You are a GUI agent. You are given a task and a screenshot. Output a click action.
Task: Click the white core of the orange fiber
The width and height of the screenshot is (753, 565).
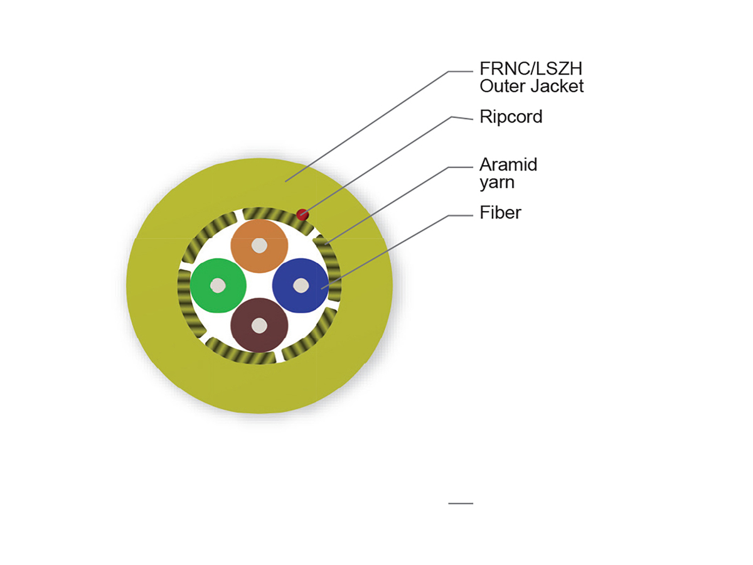tap(259, 246)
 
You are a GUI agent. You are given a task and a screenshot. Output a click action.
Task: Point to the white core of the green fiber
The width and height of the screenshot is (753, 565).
tap(218, 286)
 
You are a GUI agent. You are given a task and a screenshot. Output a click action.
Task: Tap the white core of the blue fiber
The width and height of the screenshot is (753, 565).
tap(301, 286)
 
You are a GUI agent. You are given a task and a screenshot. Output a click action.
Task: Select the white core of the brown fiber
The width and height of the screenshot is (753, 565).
tap(259, 325)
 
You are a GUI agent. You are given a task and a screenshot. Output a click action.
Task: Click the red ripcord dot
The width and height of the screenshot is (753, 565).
tap(302, 215)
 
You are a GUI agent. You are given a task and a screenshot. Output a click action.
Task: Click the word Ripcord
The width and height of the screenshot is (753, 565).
tap(510, 117)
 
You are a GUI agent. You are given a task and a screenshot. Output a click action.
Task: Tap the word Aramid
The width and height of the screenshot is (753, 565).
tap(508, 165)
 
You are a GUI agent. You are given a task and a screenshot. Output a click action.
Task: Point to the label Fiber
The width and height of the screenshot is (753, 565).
tap(500, 213)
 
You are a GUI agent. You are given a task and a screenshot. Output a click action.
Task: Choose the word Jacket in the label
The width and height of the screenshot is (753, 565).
tap(559, 85)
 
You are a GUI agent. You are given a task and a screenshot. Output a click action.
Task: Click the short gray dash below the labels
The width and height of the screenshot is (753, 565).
tap(461, 503)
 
